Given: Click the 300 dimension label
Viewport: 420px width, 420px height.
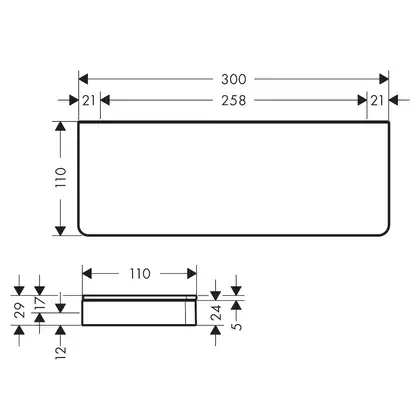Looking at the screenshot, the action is [234, 79].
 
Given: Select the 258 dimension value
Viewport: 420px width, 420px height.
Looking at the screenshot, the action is [234, 100].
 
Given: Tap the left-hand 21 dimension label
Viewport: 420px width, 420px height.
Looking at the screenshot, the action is [89, 100].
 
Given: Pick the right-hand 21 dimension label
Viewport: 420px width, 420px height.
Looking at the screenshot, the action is [377, 100].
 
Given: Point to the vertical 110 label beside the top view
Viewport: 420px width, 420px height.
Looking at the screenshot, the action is [61, 177].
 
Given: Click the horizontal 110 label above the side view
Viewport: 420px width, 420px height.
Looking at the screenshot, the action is [140, 274].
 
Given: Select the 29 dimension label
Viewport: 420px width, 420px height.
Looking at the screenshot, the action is [19, 310].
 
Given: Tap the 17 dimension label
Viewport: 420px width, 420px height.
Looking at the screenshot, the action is [40, 303].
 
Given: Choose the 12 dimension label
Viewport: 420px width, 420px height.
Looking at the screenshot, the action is [61, 353].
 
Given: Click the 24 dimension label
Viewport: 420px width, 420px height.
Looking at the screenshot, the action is [216, 312].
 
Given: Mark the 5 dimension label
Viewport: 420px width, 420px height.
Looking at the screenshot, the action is [237, 326].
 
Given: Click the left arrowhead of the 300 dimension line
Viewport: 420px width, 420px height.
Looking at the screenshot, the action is [83, 79].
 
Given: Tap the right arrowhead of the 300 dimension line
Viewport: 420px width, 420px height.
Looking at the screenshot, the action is [384, 79].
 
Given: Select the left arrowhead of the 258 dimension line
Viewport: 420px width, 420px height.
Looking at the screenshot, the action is [105, 100].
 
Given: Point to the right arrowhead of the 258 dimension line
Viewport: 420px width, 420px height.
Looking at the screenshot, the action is [362, 100].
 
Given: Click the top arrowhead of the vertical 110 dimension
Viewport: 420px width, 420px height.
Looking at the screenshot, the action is [60, 126].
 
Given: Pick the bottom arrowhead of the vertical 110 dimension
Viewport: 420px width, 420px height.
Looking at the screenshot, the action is [60, 231].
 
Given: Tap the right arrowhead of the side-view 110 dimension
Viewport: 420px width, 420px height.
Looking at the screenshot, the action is [192, 274].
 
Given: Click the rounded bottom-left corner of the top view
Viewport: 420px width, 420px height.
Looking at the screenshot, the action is [81, 232].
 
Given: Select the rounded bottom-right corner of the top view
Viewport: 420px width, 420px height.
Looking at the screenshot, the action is [387, 232].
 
